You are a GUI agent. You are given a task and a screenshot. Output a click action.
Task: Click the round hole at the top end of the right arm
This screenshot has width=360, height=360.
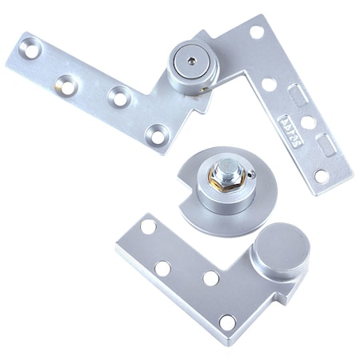pyautogui.click(x=256, y=33)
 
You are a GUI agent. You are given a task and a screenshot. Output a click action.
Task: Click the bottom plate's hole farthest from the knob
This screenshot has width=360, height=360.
pyautogui.click(x=147, y=227)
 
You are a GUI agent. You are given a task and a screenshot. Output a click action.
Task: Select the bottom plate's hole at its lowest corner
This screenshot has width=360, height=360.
pyautogui.click(x=228, y=322)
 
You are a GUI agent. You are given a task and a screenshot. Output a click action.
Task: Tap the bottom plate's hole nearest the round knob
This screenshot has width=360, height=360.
pyautogui.click(x=210, y=278)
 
